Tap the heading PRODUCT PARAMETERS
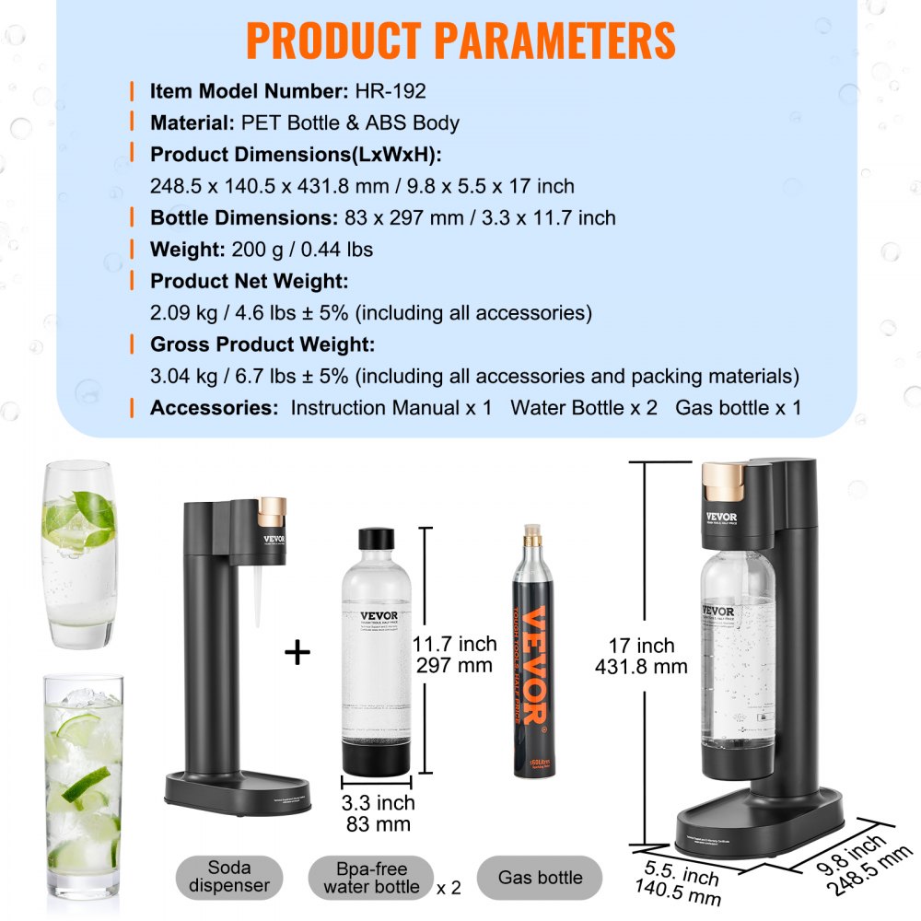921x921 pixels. coord(460,40)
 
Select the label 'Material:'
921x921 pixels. coord(193,122)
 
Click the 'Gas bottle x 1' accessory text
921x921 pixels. coord(738,408)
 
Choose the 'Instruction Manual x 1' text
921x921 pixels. coord(391,408)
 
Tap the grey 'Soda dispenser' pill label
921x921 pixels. coord(229,876)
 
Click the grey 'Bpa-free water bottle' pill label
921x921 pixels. coord(371,877)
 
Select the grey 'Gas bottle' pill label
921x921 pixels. coord(541,878)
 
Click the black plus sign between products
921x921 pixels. coord(297,653)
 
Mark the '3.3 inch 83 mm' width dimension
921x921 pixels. coord(378,814)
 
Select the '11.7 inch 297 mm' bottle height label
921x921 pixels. coord(454,653)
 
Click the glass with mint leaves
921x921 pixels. coord(80,555)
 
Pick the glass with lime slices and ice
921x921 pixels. coord(84,783)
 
